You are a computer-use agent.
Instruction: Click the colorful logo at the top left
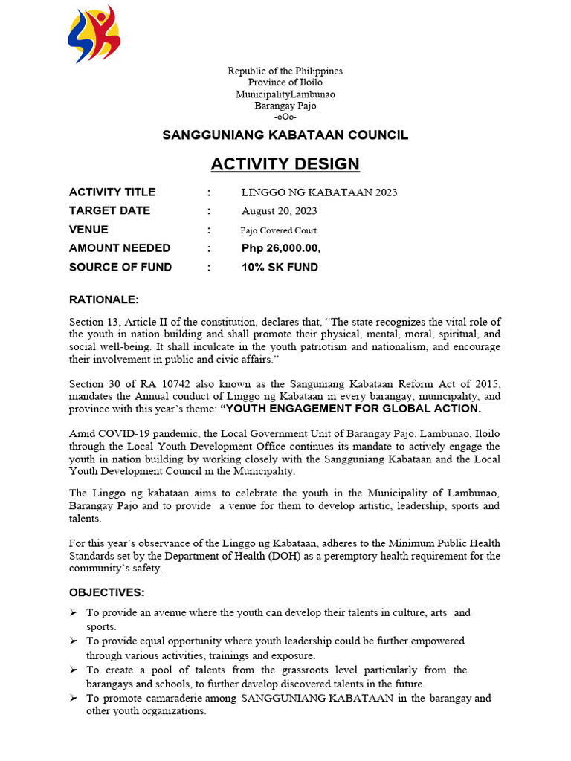click(x=94, y=34)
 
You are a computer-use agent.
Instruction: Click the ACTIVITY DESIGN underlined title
click(x=285, y=163)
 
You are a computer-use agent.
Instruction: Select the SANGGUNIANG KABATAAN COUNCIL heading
click(x=285, y=135)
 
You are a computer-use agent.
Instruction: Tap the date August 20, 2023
click(x=279, y=211)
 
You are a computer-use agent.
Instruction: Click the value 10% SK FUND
click(x=280, y=267)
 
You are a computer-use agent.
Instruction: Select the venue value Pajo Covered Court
click(x=278, y=230)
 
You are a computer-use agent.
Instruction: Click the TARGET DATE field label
click(x=109, y=211)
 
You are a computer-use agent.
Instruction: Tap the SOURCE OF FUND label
click(x=120, y=267)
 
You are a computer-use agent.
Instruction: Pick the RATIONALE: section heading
click(x=104, y=300)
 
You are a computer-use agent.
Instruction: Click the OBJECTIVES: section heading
click(x=107, y=592)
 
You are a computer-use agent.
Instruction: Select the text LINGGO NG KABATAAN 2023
click(x=319, y=192)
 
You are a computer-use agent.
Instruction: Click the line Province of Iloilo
click(x=285, y=82)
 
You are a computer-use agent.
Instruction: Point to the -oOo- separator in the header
click(x=285, y=117)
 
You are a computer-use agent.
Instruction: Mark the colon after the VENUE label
click(x=210, y=230)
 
